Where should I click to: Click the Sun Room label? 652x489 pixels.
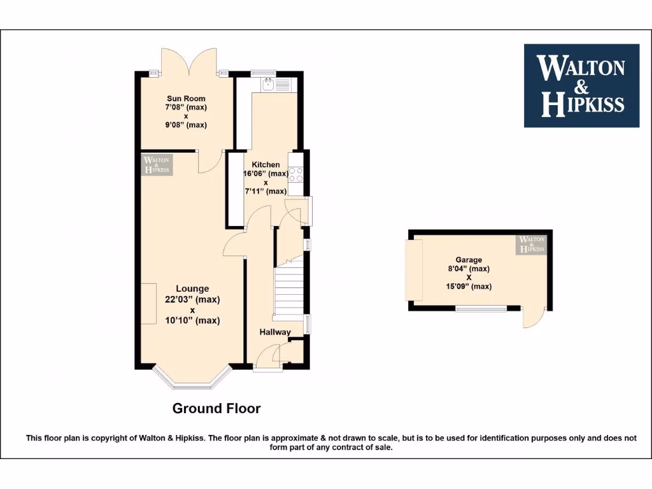point(186,98)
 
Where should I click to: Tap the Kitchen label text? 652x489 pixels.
point(266,165)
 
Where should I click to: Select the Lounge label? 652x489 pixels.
point(192,289)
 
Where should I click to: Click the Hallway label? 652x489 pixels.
point(275,332)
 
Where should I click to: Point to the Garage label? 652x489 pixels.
point(468,260)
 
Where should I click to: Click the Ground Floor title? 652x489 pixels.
point(216,409)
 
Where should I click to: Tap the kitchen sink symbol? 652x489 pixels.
point(268,83)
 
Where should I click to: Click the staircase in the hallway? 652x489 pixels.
point(288,290)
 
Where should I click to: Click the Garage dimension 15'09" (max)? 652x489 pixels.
point(468,287)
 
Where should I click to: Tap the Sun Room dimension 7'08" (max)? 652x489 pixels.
point(186,108)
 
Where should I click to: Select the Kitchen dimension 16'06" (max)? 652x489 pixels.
point(266,174)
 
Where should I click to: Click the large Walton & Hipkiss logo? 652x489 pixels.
point(581,85)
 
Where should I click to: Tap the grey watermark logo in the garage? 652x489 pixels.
point(532,244)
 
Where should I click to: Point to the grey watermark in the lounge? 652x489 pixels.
point(157,164)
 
